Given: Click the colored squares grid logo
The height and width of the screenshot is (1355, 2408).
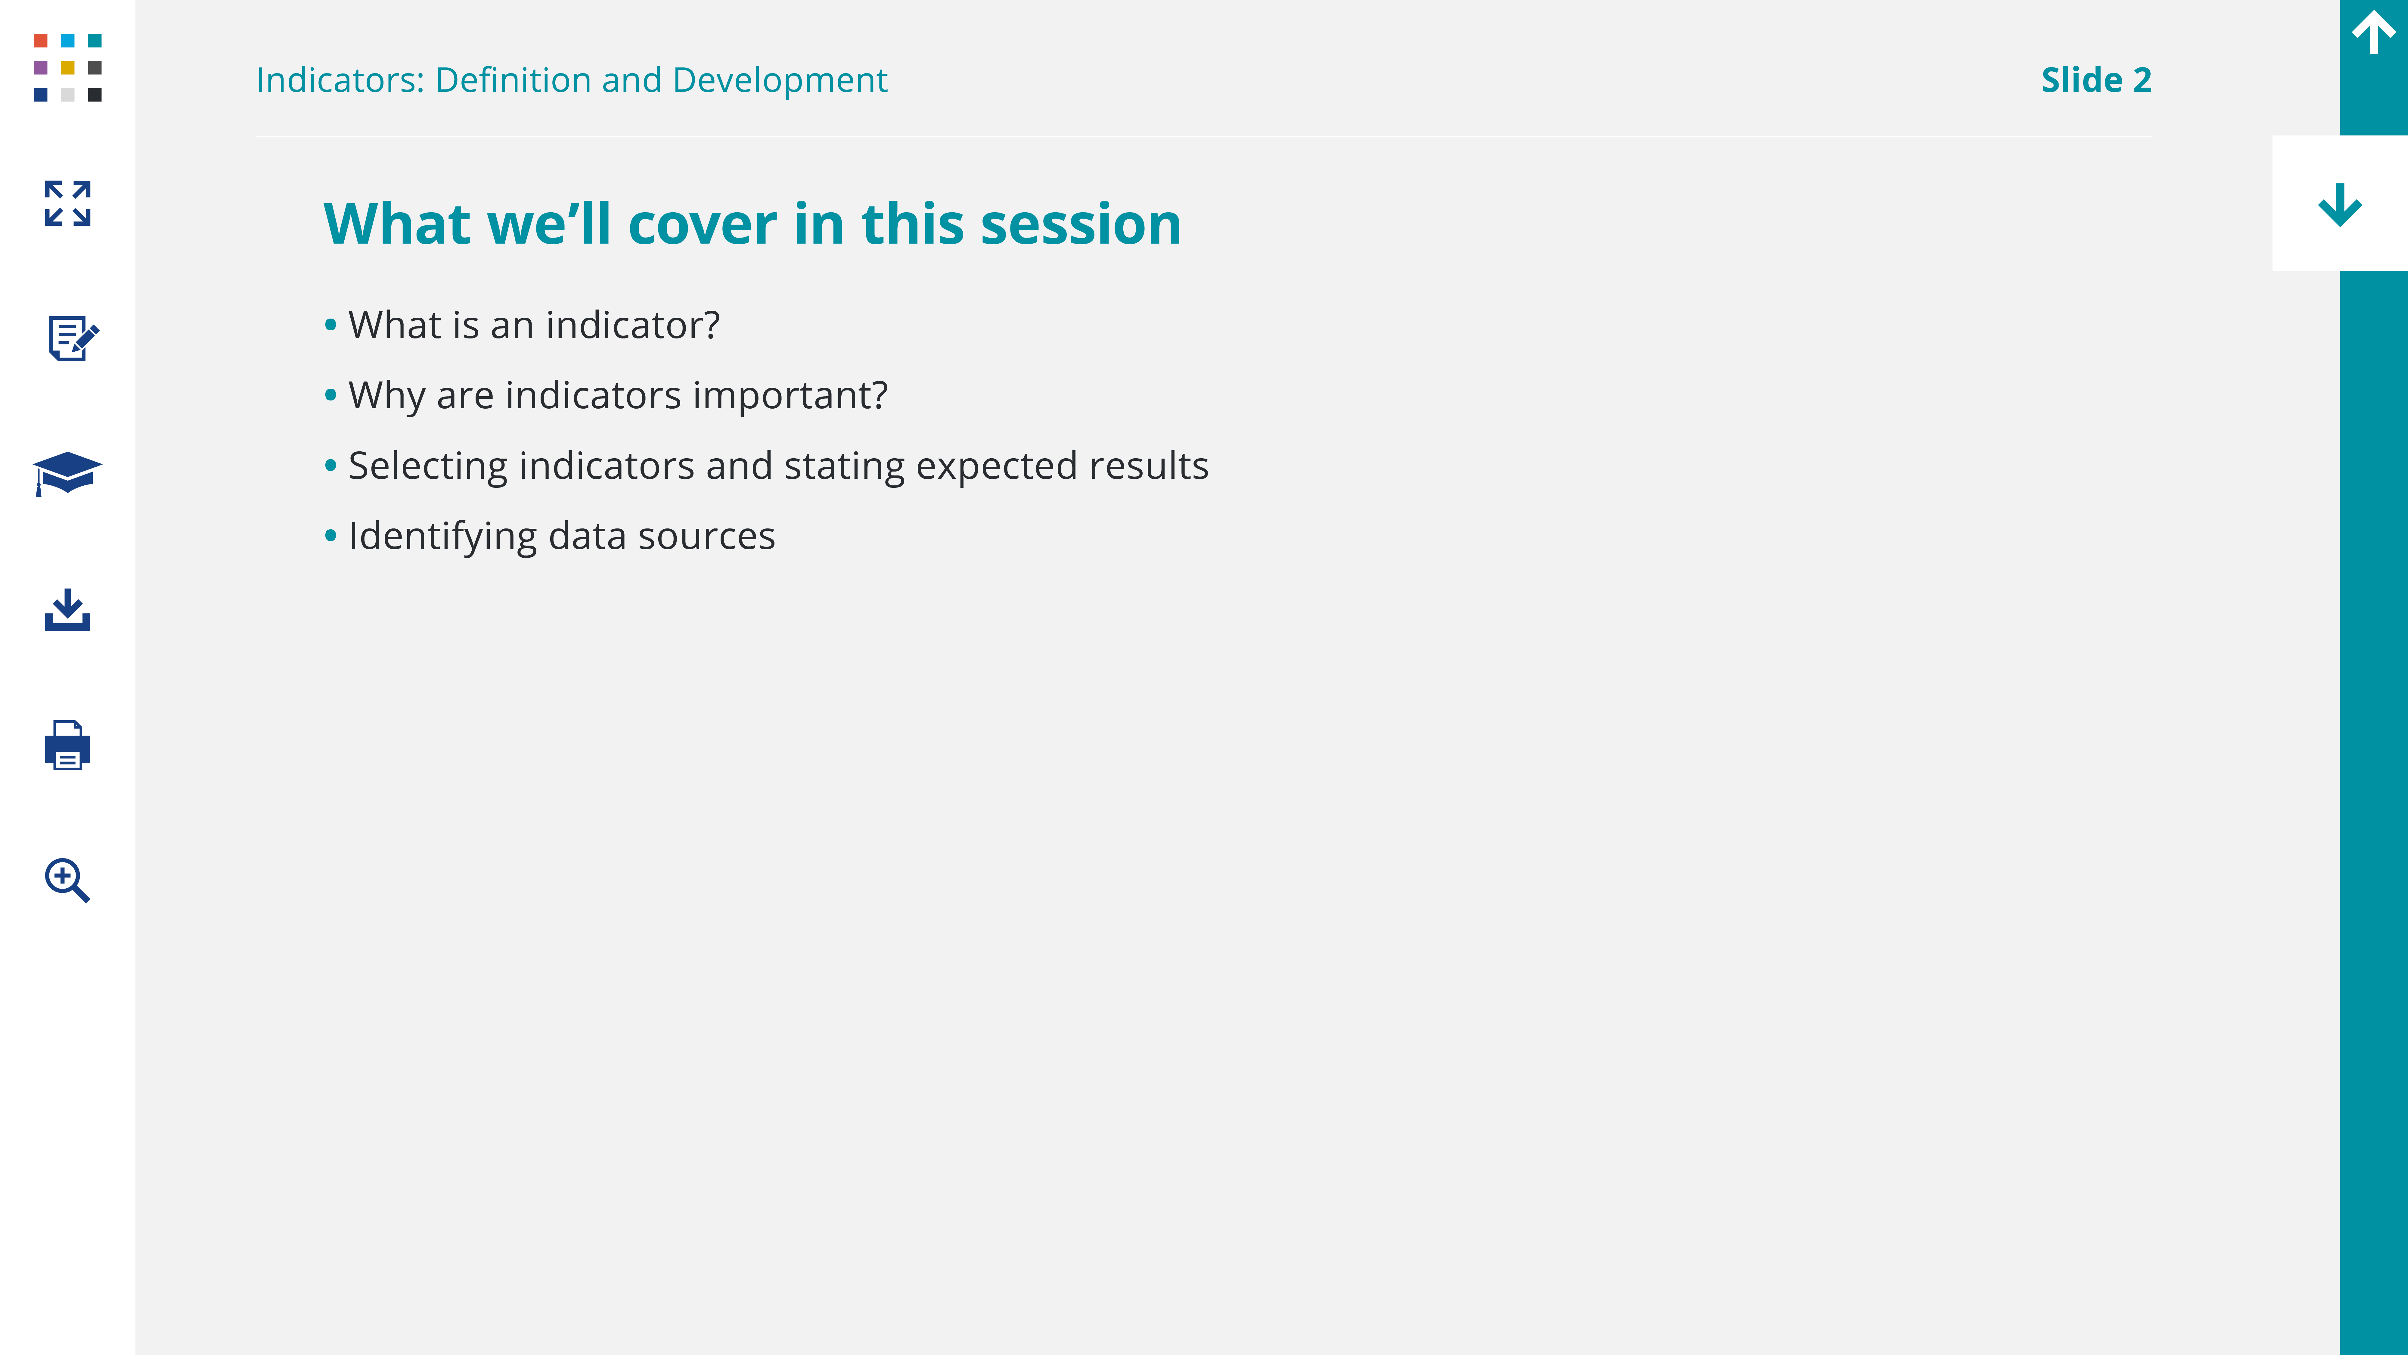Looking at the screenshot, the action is point(67,67).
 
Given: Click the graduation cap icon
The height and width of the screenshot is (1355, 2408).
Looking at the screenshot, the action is point(67,473).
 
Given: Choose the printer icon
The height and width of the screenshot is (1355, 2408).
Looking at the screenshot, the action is point(67,745).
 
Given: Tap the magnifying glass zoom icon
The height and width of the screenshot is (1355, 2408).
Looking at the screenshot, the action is point(67,880).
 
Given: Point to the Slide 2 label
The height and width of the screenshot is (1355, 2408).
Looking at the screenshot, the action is point(2096,80).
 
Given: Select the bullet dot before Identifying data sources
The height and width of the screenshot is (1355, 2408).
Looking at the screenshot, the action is point(330,536).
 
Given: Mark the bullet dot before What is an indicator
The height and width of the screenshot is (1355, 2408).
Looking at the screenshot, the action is point(330,326).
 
